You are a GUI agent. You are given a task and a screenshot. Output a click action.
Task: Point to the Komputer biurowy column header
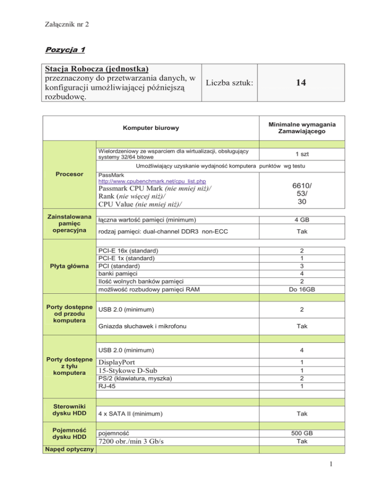(147, 128)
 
